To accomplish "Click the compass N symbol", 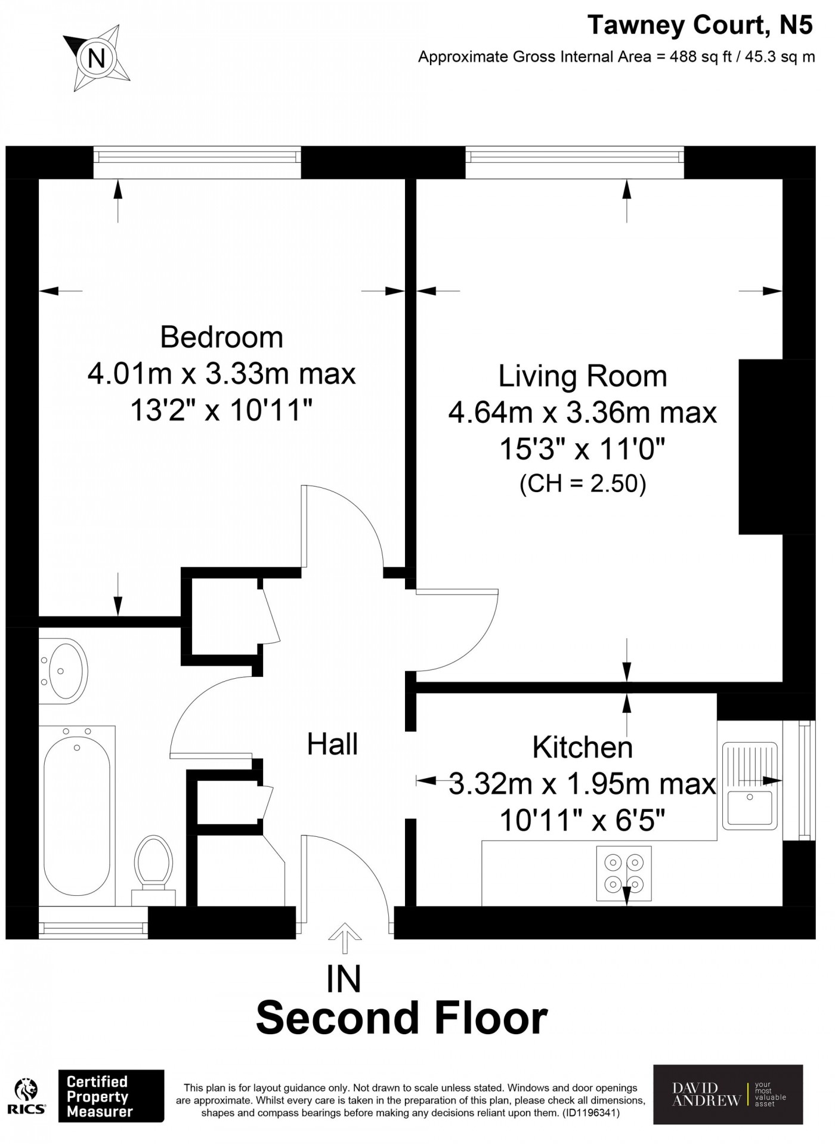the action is click(96, 58).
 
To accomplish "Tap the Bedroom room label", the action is click(222, 337).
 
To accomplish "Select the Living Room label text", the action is click(583, 376).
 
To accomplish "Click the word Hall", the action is click(332, 744).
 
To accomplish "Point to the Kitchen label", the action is click(583, 747).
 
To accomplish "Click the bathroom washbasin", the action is click(63, 669).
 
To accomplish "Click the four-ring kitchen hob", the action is click(624, 873).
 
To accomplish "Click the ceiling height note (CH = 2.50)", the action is click(583, 484).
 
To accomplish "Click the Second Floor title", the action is click(402, 1018).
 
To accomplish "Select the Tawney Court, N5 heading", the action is click(700, 25).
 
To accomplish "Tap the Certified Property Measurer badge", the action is click(111, 1096).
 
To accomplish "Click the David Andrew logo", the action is click(728, 1094).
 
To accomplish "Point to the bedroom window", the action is click(197, 162).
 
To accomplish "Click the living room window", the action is click(575, 162).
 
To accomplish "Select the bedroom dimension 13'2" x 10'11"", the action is click(222, 410).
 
